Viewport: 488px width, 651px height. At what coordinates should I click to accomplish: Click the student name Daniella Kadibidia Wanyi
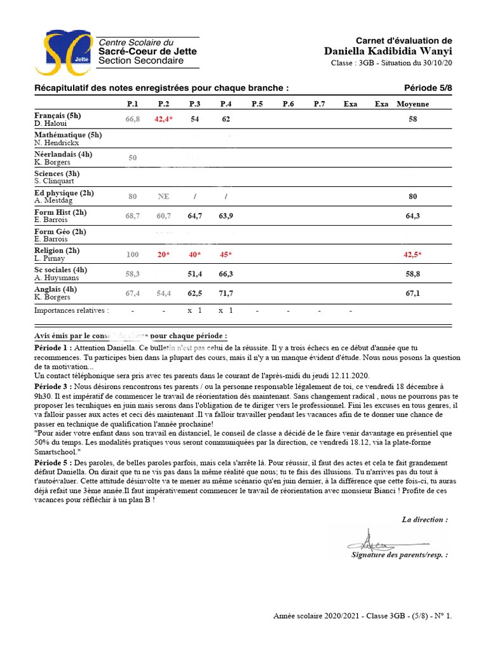click(388, 51)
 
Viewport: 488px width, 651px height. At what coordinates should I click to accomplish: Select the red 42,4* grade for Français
click(163, 119)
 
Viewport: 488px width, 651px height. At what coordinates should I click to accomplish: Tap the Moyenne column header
click(412, 104)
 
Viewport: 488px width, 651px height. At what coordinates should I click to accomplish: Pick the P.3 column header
click(194, 104)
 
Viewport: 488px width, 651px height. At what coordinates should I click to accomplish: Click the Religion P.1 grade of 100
click(132, 254)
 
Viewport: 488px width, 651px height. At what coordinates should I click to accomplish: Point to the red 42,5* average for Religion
click(415, 254)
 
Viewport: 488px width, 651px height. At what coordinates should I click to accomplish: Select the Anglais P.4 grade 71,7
click(226, 293)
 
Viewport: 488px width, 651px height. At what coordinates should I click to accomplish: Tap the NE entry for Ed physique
click(163, 196)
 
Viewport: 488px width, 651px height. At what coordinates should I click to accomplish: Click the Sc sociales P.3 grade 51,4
click(194, 274)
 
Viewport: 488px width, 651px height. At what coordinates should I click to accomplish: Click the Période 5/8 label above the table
click(428, 88)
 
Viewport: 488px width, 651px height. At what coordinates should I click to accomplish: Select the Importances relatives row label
click(71, 311)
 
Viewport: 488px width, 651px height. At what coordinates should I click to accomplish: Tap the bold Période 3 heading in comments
click(53, 386)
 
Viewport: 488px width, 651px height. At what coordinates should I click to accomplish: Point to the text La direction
click(424, 519)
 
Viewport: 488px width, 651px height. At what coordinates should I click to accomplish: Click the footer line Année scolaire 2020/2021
click(362, 615)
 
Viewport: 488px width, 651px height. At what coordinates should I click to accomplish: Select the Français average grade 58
click(412, 119)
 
